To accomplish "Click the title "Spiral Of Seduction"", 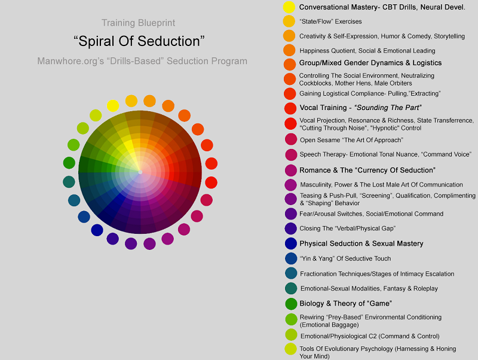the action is coord(139,41).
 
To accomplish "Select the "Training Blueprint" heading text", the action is coord(139,23).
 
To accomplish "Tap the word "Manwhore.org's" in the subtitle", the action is coord(71,61).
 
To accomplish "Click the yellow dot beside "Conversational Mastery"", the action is coord(289,7).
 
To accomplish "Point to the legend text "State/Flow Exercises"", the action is coord(331,22).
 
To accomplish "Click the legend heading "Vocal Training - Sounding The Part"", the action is coord(361,108).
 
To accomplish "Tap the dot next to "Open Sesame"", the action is coord(291,139).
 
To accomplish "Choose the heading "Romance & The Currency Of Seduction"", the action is coord(367,170).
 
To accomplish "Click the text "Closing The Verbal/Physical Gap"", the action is coord(348,228).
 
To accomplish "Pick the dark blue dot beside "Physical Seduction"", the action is coord(291,243).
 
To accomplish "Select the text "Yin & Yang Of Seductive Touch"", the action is coord(345,259).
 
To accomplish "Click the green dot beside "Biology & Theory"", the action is coord(291,304).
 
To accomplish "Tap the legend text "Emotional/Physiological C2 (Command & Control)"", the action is coord(370,336).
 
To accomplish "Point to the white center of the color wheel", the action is coord(140,172).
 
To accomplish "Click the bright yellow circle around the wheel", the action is coord(113,106).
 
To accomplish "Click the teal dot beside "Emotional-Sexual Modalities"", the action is coord(291,288).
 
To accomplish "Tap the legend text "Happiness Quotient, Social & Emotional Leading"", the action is coord(367,51).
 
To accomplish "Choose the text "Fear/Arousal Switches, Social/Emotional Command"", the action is coord(371,214).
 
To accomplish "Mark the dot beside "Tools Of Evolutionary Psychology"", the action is coord(290,349).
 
